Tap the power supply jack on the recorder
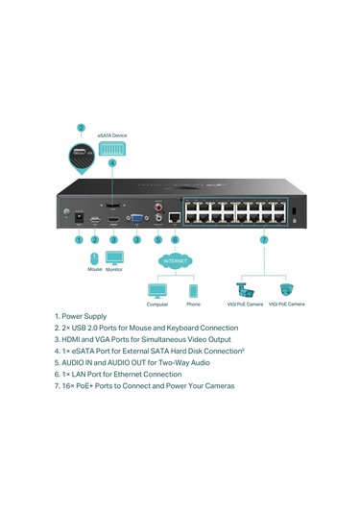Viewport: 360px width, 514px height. pyautogui.click(x=79, y=221)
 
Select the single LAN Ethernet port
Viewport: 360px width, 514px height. pyautogui.click(x=175, y=219)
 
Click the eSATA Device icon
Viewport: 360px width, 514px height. pyautogui.click(x=112, y=147)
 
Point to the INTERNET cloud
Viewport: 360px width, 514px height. pyautogui.click(x=175, y=259)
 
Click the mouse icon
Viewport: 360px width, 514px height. pyautogui.click(x=94, y=258)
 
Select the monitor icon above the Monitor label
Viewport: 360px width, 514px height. pyautogui.click(x=114, y=258)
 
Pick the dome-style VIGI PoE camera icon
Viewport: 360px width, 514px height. pyautogui.click(x=285, y=288)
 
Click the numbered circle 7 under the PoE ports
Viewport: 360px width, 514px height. pyautogui.click(x=264, y=240)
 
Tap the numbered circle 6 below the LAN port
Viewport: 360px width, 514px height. pyautogui.click(x=175, y=240)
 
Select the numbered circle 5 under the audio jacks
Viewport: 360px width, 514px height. pyautogui.click(x=157, y=240)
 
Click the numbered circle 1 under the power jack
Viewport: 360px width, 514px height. pyautogui.click(x=79, y=240)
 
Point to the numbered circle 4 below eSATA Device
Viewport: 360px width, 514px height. pyautogui.click(x=112, y=164)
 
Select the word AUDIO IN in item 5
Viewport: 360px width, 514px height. pyautogui.click(x=80, y=362)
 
